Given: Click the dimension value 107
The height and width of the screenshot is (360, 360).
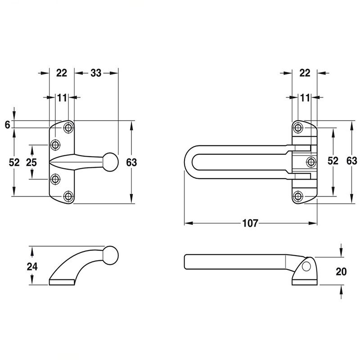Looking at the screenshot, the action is coord(250,223).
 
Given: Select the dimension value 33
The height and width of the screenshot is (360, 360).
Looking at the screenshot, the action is coord(96,73).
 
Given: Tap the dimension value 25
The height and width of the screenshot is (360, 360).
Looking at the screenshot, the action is coord(31,162).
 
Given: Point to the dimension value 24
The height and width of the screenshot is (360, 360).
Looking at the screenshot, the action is coord(32,266).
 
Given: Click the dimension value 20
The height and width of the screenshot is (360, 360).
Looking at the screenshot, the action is coord(341,272).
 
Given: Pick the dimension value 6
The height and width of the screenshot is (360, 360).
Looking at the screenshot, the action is coord(8,125).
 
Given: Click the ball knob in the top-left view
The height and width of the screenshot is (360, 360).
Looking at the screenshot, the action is coord(111,162).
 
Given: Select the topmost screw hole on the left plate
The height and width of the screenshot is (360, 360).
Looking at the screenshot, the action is coord(68,127).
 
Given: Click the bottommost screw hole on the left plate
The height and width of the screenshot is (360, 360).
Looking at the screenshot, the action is coord(68,197).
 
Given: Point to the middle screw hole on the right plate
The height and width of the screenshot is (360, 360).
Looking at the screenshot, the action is coord(311,162).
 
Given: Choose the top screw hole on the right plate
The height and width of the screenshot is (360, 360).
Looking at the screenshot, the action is coord(298,127).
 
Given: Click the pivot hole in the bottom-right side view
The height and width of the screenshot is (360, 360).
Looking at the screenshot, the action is coord(306,266).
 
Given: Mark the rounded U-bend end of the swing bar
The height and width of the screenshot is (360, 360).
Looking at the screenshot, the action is coord(188,162).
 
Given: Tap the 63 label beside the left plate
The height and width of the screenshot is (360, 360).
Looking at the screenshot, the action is coord(131,162).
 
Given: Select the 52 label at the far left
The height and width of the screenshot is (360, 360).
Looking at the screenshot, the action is coord(14,162).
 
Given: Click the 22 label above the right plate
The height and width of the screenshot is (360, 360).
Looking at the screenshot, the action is coord(305,73).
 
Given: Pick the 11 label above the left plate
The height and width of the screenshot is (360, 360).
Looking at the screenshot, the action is coord(62,98).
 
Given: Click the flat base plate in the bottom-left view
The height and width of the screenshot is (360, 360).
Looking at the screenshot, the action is coord(62,283).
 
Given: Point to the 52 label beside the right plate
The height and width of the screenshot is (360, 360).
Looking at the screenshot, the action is coord(333,161).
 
